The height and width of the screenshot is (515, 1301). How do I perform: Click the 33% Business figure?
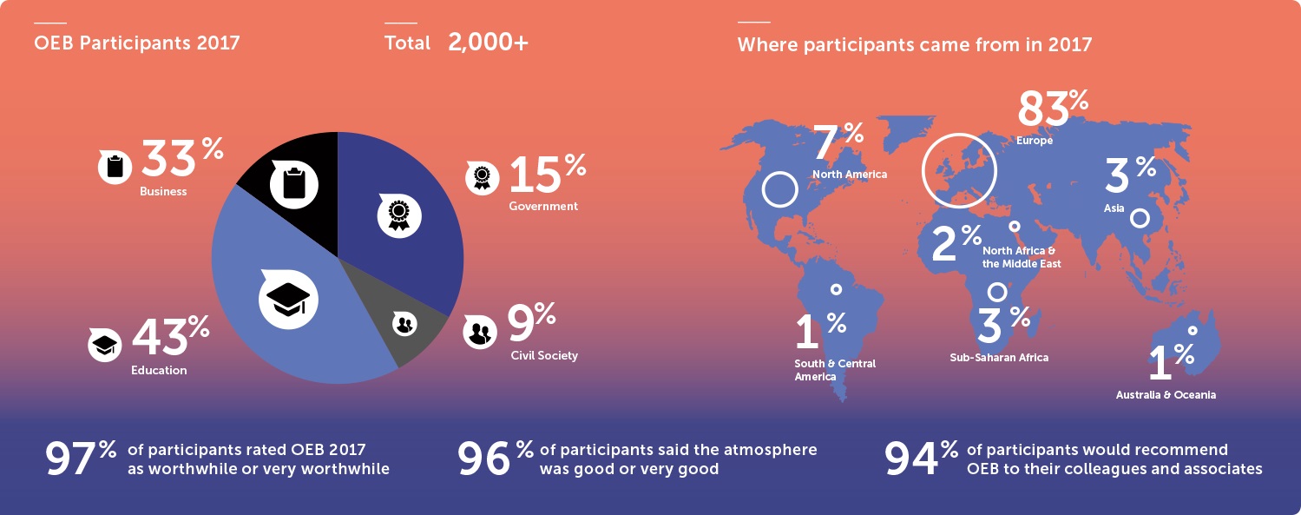(182, 157)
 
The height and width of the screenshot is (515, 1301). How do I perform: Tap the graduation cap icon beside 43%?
(104, 345)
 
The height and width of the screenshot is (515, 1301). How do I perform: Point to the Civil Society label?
(544, 355)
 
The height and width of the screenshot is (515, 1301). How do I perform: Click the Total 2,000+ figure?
(457, 43)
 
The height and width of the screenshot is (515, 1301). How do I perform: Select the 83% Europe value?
(1053, 108)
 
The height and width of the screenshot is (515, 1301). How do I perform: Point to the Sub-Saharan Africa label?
(999, 358)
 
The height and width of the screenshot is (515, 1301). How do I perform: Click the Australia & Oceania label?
(1166, 394)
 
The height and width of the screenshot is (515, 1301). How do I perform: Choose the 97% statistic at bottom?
(81, 458)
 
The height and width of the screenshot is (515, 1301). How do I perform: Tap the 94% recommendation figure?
(921, 458)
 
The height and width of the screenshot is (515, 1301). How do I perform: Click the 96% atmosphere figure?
(496, 458)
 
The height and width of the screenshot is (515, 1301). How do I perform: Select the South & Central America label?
(835, 370)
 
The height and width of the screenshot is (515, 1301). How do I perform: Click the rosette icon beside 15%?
(482, 177)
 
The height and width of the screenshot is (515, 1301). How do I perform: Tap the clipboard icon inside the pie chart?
(294, 184)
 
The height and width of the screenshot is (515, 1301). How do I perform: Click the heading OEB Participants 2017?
(137, 43)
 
